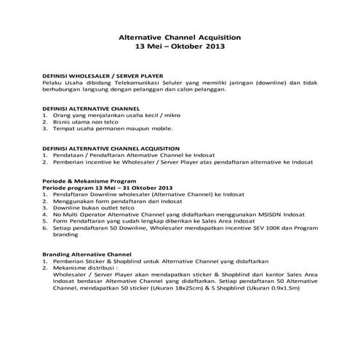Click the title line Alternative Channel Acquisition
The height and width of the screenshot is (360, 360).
[179, 36]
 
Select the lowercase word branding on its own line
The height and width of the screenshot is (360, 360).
[64, 235]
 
